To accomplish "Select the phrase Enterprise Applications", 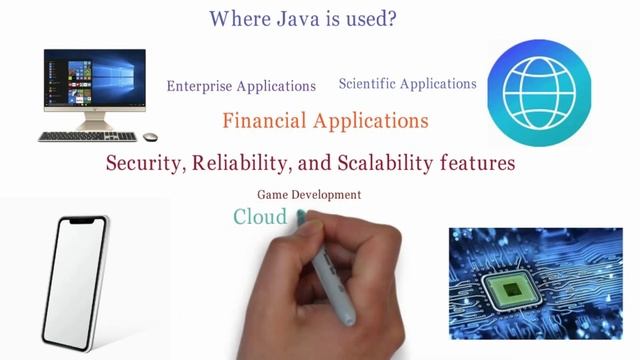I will (241, 86).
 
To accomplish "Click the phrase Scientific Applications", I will (408, 84).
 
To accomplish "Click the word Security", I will (143, 163).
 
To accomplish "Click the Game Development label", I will (309, 195).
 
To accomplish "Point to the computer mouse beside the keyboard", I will (150, 137).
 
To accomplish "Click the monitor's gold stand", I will (95, 124).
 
